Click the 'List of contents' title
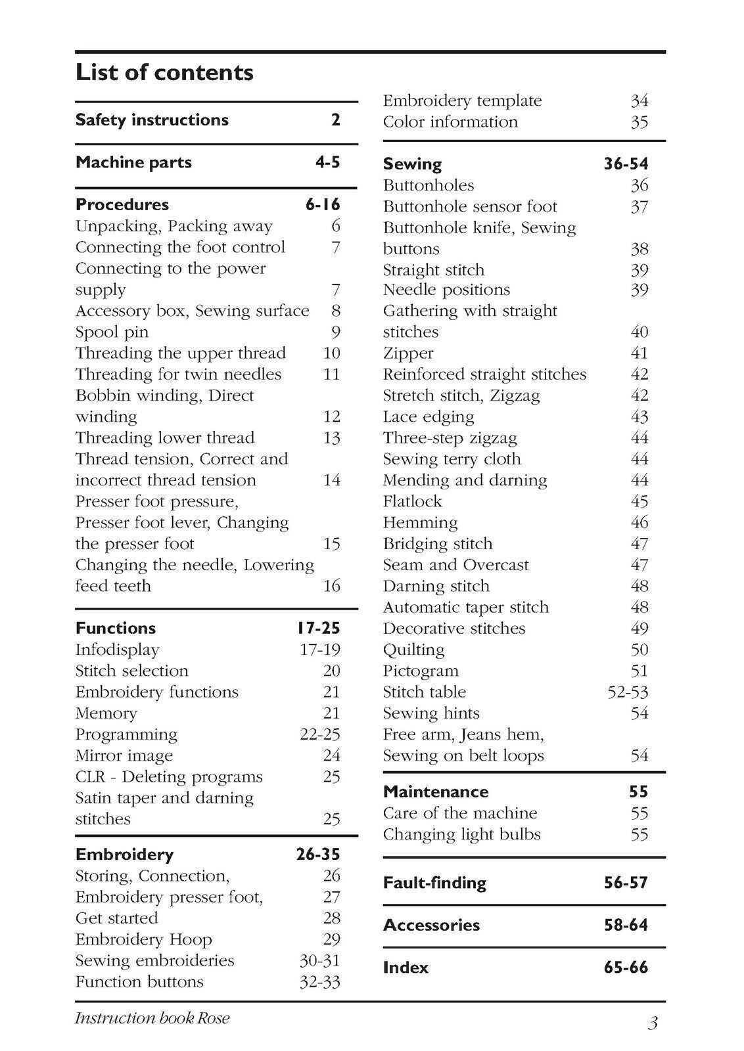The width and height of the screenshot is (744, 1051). [x=164, y=72]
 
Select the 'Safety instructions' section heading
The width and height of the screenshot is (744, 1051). [x=152, y=120]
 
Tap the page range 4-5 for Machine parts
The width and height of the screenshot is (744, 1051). [x=327, y=162]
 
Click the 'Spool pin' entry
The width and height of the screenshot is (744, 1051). [x=112, y=332]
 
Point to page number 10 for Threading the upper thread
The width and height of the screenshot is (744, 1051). [x=331, y=353]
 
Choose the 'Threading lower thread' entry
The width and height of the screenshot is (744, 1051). [x=165, y=438]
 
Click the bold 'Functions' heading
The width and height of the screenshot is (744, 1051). [x=116, y=629]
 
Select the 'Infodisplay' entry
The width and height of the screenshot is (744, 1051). [x=117, y=650]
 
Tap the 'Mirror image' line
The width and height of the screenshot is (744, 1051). [x=124, y=756]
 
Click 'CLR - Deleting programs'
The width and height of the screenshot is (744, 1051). [x=169, y=777]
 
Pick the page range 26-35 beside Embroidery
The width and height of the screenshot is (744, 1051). [x=318, y=855]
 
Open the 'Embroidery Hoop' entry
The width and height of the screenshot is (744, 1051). [x=143, y=940]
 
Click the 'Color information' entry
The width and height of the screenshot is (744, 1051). [x=450, y=122]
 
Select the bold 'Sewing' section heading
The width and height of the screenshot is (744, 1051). [x=412, y=164]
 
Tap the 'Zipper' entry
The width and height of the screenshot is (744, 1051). [x=408, y=353]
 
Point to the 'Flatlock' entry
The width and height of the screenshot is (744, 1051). [x=412, y=502]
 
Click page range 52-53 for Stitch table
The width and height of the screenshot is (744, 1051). [x=628, y=692]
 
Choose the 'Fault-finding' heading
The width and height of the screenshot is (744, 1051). [x=434, y=883]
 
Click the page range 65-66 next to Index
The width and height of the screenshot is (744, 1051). [x=626, y=968]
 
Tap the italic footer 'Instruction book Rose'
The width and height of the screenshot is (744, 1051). [x=152, y=1019]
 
